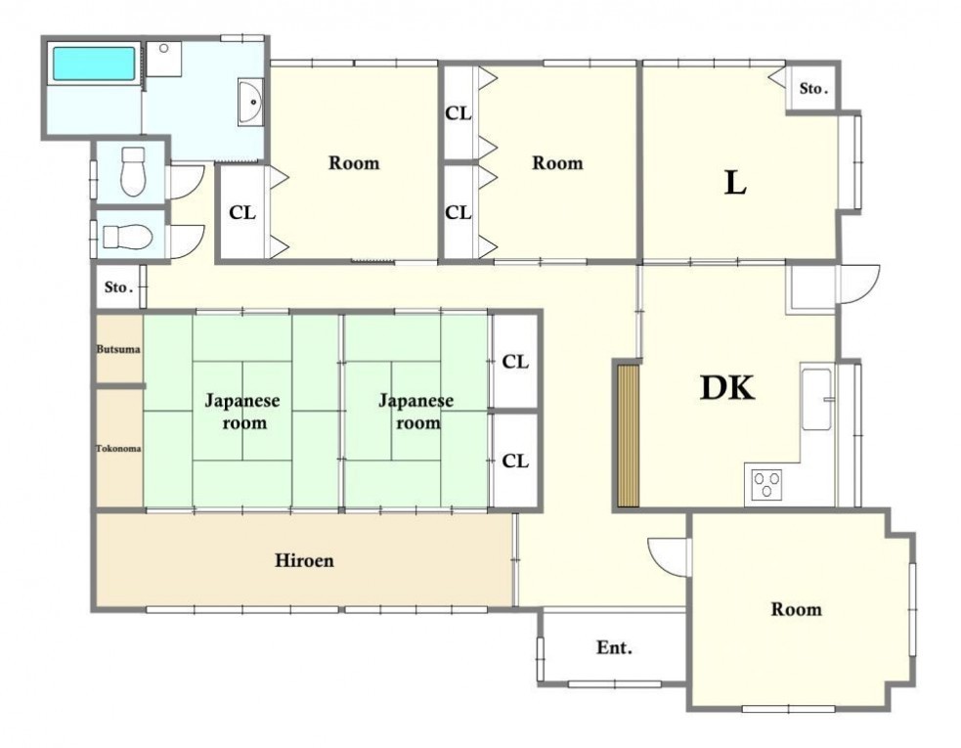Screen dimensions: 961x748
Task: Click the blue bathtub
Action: click(94, 64)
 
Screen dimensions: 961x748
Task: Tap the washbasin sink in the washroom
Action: click(250, 103)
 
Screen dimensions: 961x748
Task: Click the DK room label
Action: click(727, 387)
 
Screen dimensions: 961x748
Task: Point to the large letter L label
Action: click(735, 182)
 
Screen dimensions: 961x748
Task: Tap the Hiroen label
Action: click(304, 560)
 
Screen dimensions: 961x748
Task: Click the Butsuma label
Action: click(118, 349)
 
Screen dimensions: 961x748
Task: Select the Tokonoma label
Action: click(118, 448)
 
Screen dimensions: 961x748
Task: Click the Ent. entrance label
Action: click(614, 647)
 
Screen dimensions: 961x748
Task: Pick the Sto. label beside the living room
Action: click(813, 88)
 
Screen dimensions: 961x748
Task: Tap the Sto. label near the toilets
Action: click(119, 286)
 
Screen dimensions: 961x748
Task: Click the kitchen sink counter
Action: click(816, 399)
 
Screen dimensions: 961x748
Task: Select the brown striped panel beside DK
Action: click(629, 436)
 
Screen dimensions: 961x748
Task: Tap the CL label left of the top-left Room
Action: click(242, 213)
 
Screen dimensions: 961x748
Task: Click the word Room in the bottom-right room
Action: click(796, 609)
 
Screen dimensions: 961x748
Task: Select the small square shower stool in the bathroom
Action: click(164, 59)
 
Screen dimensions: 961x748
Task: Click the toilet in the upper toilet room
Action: click(133, 171)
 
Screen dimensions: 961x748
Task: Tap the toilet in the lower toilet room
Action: click(127, 236)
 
